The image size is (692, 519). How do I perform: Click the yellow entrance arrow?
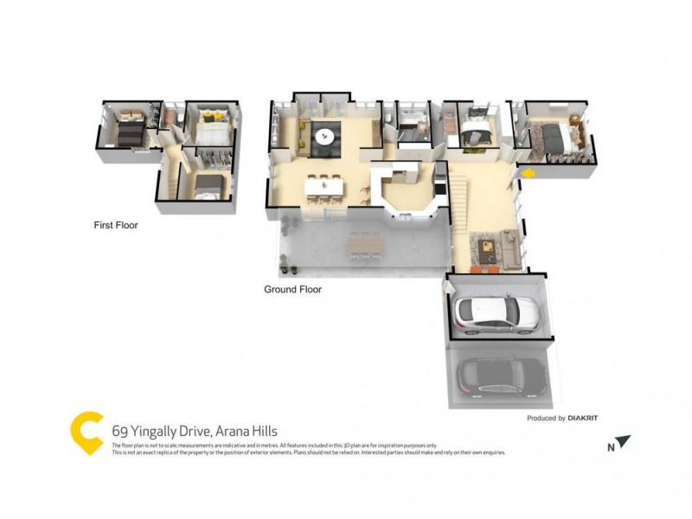528,173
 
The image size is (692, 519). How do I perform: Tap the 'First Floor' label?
116,225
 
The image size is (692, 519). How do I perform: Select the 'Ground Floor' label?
292,290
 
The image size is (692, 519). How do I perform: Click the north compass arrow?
622,442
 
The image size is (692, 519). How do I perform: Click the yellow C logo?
86,432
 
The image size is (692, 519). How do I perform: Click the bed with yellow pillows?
211,129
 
